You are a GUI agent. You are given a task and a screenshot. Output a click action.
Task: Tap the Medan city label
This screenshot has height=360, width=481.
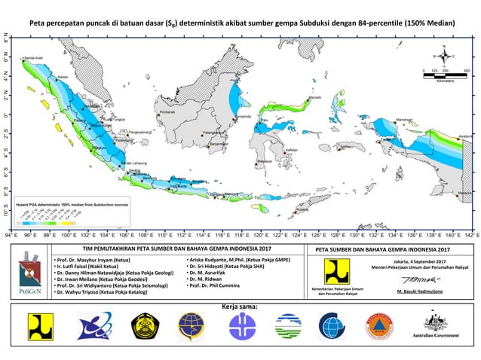(x=63, y=77)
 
